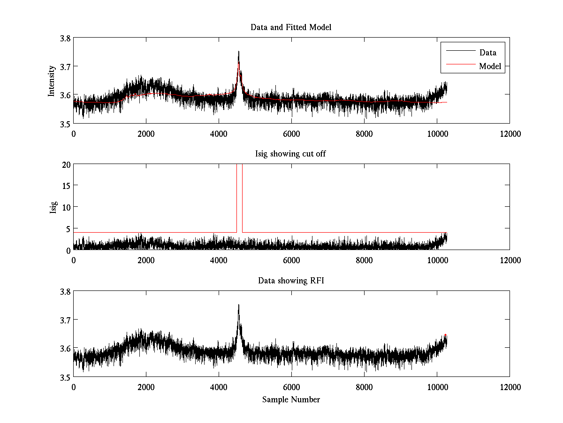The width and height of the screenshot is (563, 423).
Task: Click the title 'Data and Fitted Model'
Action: coord(291,27)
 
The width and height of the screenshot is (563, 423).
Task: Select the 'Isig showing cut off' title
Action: coord(291,154)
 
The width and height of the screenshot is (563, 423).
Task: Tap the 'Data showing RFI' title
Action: coord(291,281)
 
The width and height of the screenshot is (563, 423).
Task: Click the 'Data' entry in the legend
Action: coord(487,52)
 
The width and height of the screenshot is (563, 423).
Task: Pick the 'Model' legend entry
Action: coord(490,66)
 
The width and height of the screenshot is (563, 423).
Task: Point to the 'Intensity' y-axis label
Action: coord(52,81)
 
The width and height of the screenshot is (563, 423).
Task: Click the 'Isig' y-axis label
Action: coord(54,207)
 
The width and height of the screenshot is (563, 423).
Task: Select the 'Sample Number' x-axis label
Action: coord(291,399)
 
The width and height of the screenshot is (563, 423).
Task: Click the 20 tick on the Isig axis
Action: coord(65,164)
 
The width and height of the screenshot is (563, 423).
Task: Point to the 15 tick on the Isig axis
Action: coord(65,186)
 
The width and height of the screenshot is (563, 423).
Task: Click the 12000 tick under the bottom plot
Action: coord(510,387)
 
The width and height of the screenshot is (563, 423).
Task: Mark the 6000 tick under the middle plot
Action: coord(291,260)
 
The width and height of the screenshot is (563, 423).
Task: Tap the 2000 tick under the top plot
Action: coord(146,134)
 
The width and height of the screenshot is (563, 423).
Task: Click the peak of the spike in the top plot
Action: coord(239,51)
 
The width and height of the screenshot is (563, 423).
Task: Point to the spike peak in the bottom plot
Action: coord(239,305)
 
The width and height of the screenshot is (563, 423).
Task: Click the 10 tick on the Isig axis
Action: coord(65,207)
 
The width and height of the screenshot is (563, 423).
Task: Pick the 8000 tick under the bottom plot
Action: coord(364,387)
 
